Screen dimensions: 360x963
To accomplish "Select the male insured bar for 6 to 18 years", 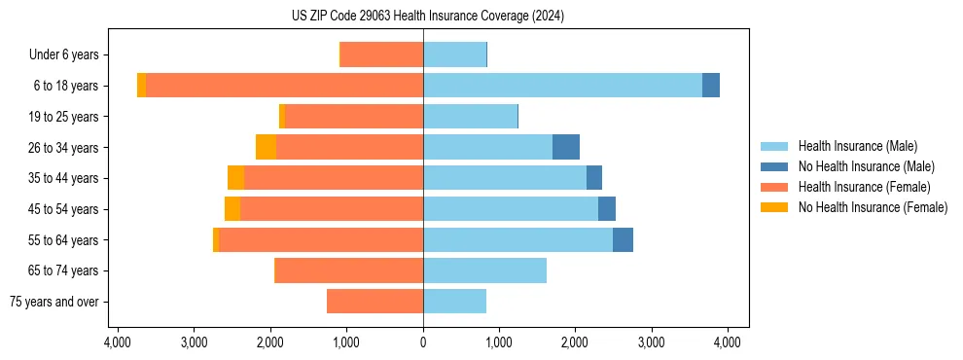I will coord(562,86).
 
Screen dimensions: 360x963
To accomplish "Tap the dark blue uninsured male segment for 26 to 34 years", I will coord(566,147).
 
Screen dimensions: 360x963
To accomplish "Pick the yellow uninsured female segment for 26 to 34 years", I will coord(266,147).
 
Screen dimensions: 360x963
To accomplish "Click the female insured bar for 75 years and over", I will coord(374,302).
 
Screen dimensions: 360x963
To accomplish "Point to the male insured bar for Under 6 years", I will coord(454,54).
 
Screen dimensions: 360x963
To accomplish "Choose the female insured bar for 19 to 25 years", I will coord(353,117).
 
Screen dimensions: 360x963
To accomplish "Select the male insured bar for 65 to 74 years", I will coord(484,270).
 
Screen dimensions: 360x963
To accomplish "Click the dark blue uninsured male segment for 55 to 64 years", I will coord(623,239).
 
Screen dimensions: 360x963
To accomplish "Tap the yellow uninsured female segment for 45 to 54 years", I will coord(232,209).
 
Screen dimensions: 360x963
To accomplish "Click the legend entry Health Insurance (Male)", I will coord(857,146).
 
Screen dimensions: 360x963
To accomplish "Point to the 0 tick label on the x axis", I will coord(423,342).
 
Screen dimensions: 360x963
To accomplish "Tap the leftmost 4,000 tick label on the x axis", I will coord(118,342).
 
